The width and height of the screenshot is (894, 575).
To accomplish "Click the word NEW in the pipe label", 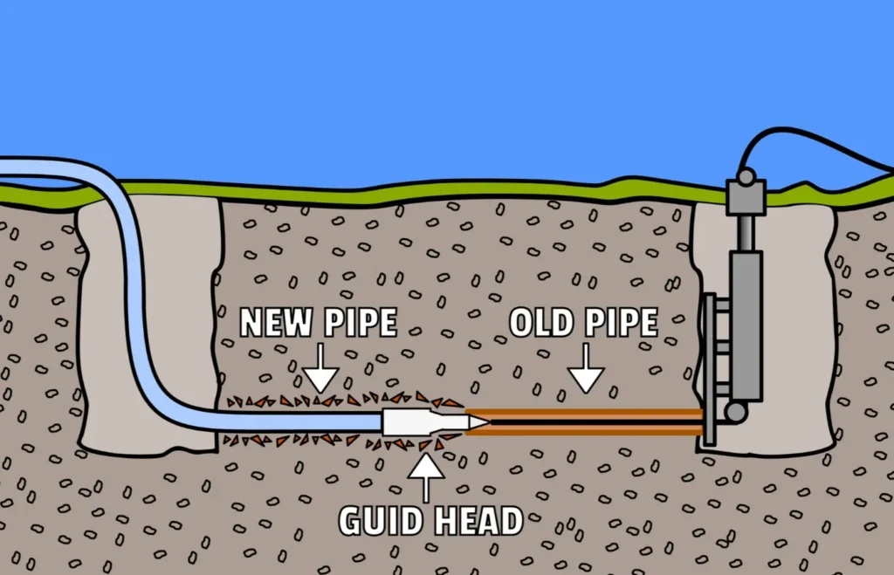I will (272, 323).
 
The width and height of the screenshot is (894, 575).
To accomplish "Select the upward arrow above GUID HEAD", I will (425, 476).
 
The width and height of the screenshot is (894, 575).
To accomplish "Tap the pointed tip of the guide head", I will (481, 422).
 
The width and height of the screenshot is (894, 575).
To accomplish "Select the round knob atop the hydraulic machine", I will (746, 177).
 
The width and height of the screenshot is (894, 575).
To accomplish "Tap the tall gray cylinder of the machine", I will (746, 323).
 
